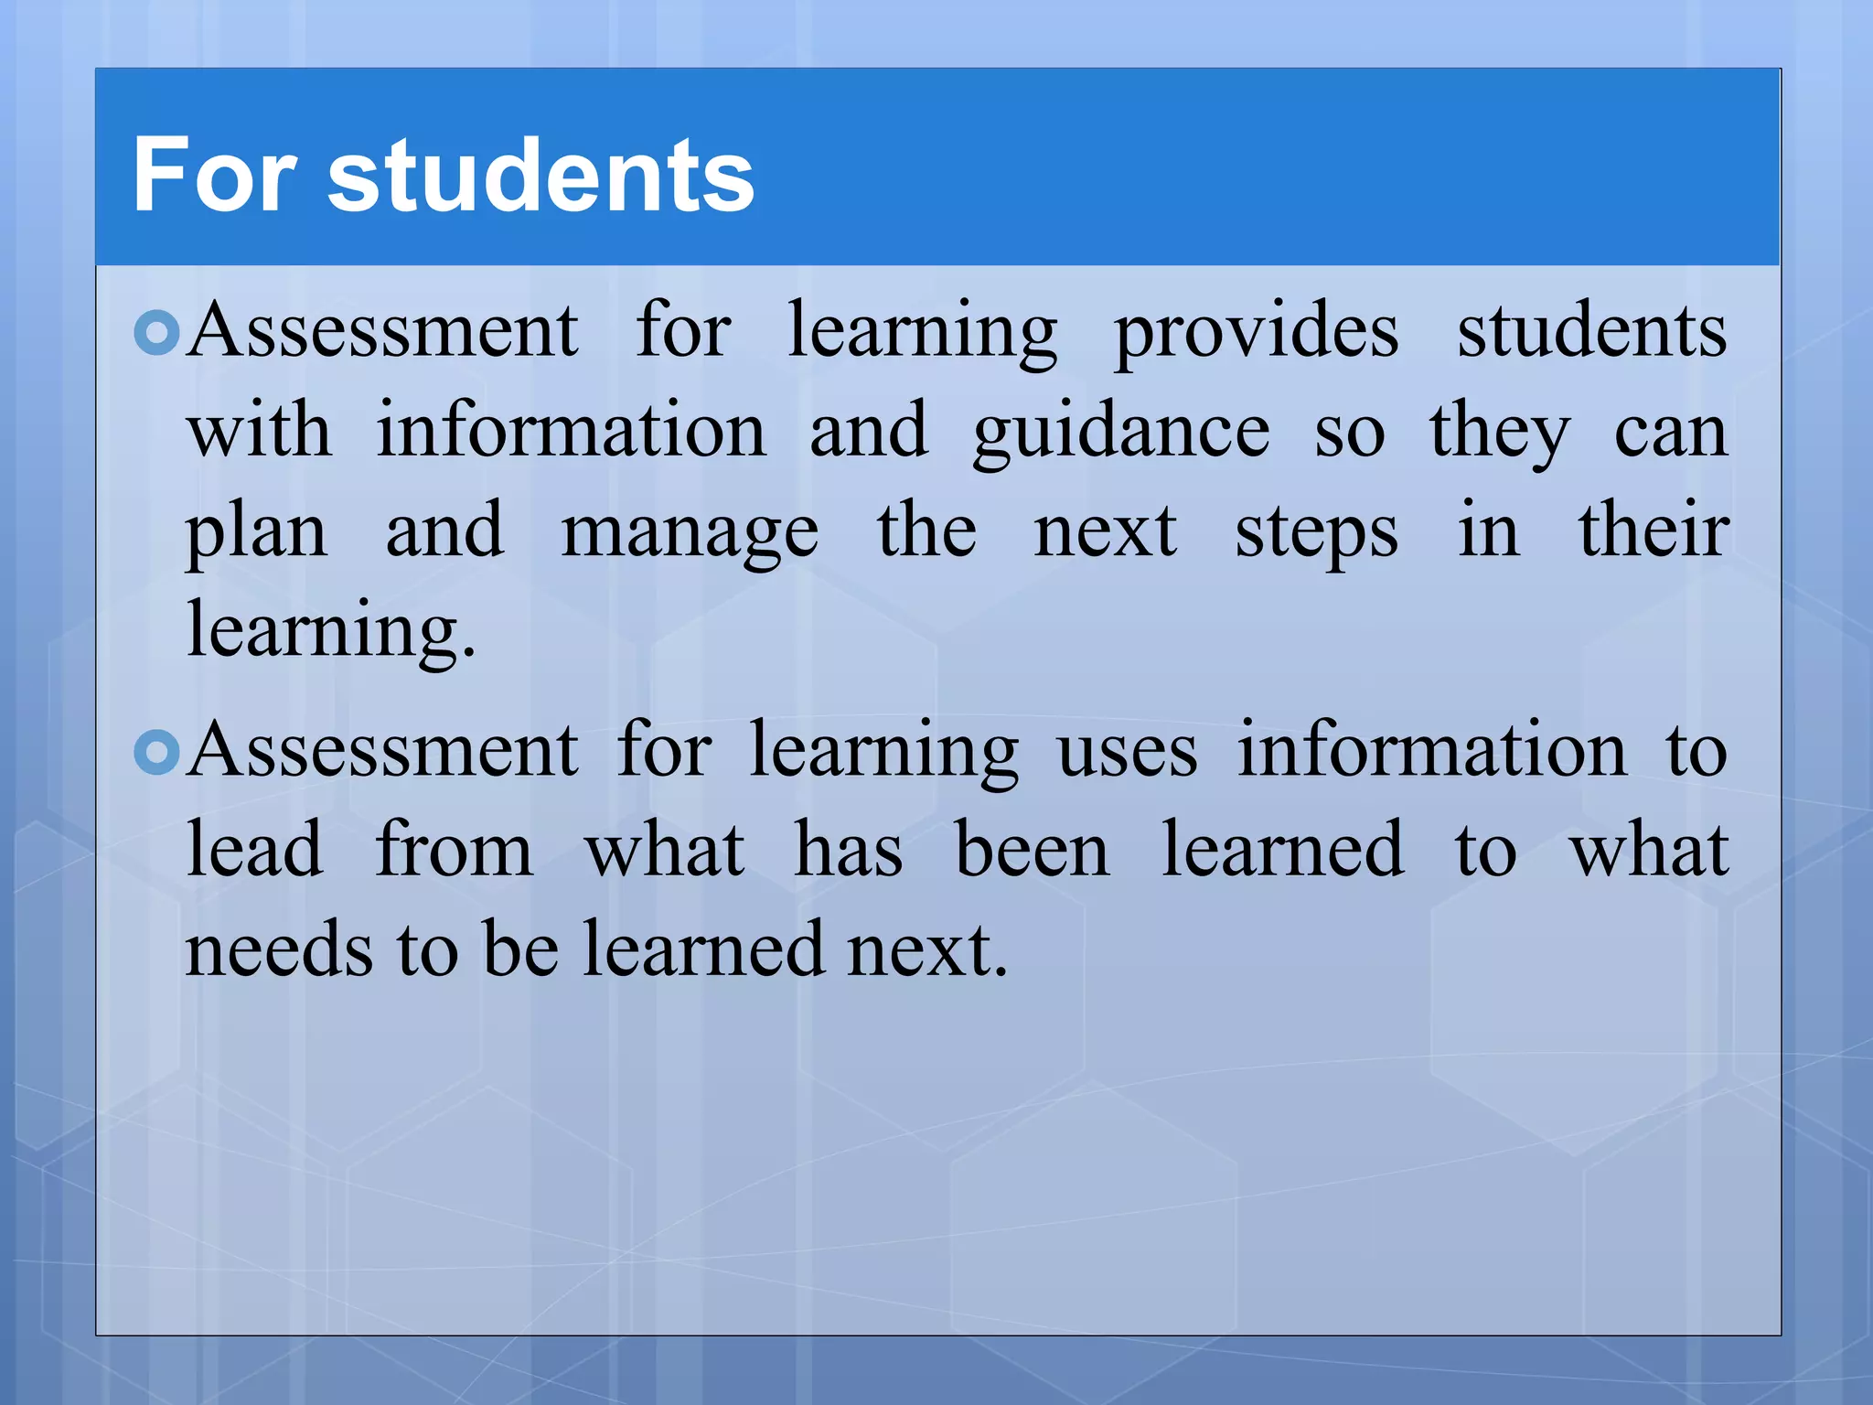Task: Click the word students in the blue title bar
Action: [540, 176]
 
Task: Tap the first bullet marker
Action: [156, 333]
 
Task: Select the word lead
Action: [254, 851]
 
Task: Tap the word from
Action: [454, 851]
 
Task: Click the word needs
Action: [279, 951]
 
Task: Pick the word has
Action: [848, 851]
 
